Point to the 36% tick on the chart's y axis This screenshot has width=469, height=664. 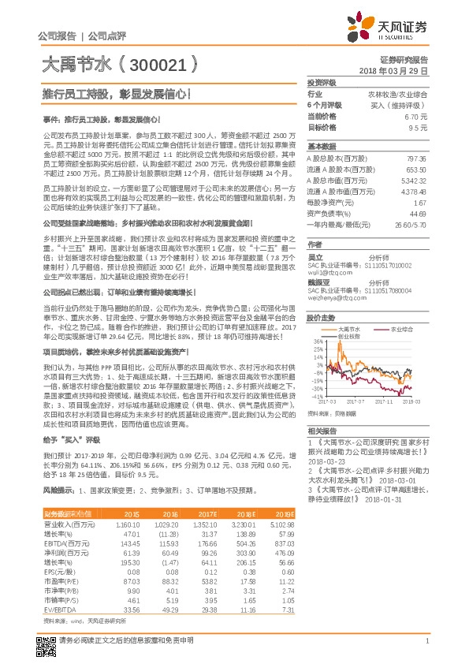tap(318, 341)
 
